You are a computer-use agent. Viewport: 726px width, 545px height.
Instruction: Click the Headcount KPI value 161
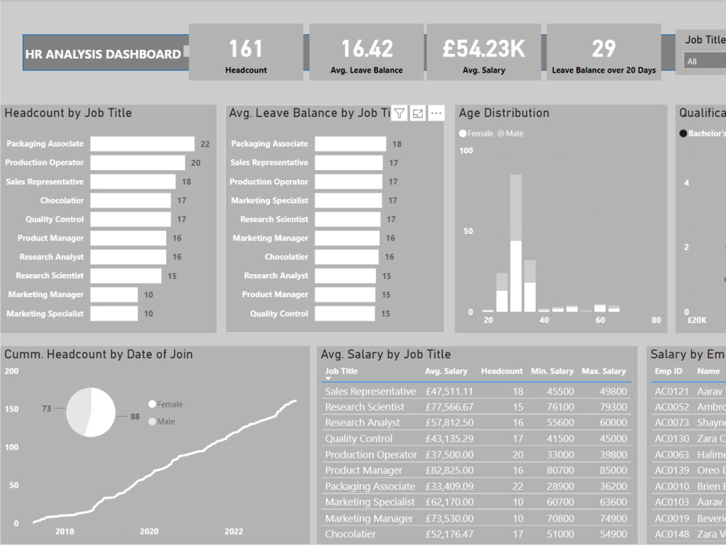(245, 49)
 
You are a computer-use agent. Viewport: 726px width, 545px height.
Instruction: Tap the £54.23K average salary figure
(484, 49)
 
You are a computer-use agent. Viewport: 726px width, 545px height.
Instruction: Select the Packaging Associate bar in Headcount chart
(142, 144)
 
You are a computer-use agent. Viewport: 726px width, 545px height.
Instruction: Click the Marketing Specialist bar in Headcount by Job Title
(114, 314)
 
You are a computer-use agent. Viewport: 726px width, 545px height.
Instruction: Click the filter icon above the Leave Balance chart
(399, 113)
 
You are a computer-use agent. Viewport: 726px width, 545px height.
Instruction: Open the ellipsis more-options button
(436, 113)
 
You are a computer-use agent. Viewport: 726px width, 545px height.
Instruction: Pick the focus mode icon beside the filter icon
(417, 113)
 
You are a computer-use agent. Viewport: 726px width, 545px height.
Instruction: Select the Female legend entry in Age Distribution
(476, 134)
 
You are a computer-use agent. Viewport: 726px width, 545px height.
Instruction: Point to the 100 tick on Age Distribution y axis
(465, 150)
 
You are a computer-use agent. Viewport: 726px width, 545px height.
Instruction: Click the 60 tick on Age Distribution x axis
(600, 320)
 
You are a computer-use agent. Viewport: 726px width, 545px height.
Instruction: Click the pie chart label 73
(46, 409)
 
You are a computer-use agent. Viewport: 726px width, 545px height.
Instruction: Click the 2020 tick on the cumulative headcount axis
(149, 531)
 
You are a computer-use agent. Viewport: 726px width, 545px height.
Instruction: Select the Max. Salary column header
(603, 371)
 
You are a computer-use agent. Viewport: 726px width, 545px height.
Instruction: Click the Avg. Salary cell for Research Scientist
(449, 407)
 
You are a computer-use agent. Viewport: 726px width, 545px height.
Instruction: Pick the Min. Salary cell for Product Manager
(560, 470)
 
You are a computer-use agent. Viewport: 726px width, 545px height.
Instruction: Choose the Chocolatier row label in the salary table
(351, 534)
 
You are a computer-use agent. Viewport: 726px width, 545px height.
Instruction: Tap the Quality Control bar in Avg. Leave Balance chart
(345, 314)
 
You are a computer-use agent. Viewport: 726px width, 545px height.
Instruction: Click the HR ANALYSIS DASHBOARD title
(102, 54)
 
